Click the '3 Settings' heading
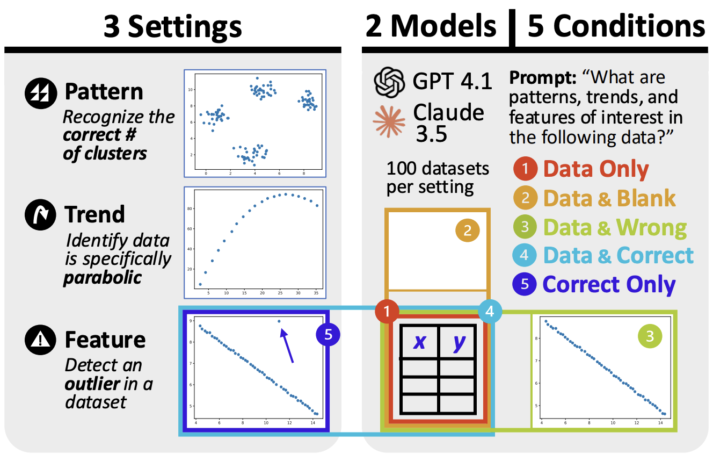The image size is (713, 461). [x=172, y=25]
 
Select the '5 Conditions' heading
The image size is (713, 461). [x=616, y=25]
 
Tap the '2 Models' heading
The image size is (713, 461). [x=431, y=25]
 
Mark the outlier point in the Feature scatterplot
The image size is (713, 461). [x=279, y=321]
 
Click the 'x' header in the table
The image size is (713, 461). [x=419, y=342]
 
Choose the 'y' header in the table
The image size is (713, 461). [x=458, y=342]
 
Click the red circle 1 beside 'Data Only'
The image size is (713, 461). [x=525, y=170]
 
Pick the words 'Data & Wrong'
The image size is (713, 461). [x=615, y=227]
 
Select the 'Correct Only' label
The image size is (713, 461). [x=609, y=284]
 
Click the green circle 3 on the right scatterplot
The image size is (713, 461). [x=650, y=337]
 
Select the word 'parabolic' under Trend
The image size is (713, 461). [x=102, y=278]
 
